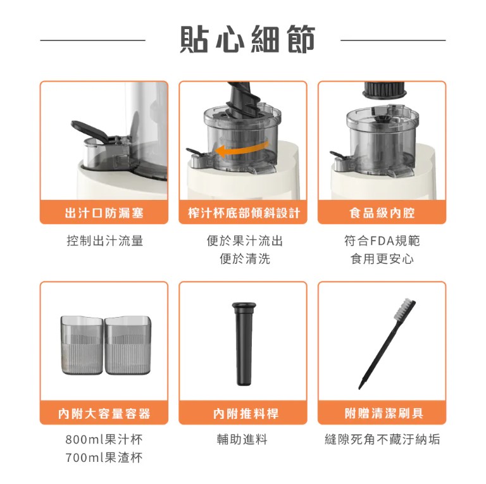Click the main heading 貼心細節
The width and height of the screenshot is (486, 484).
[247, 40]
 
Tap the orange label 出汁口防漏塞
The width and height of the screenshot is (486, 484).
[104, 213]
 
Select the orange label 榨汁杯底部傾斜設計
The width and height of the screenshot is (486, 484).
[244, 213]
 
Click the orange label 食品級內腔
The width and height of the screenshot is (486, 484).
[382, 213]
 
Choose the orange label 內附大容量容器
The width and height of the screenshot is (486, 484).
[104, 413]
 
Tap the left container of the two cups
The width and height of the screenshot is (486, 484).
[82, 345]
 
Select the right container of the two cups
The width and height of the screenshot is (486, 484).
[128, 345]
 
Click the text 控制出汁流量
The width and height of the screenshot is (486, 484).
[105, 241]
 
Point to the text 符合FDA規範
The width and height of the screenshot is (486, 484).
[382, 241]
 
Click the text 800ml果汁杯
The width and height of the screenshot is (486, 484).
[104, 439]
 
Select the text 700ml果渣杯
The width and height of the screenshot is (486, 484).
[104, 457]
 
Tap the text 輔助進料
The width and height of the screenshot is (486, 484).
[242, 439]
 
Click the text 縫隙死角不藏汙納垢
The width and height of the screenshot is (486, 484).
[382, 439]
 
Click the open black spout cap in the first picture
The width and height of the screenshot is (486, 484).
[89, 130]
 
